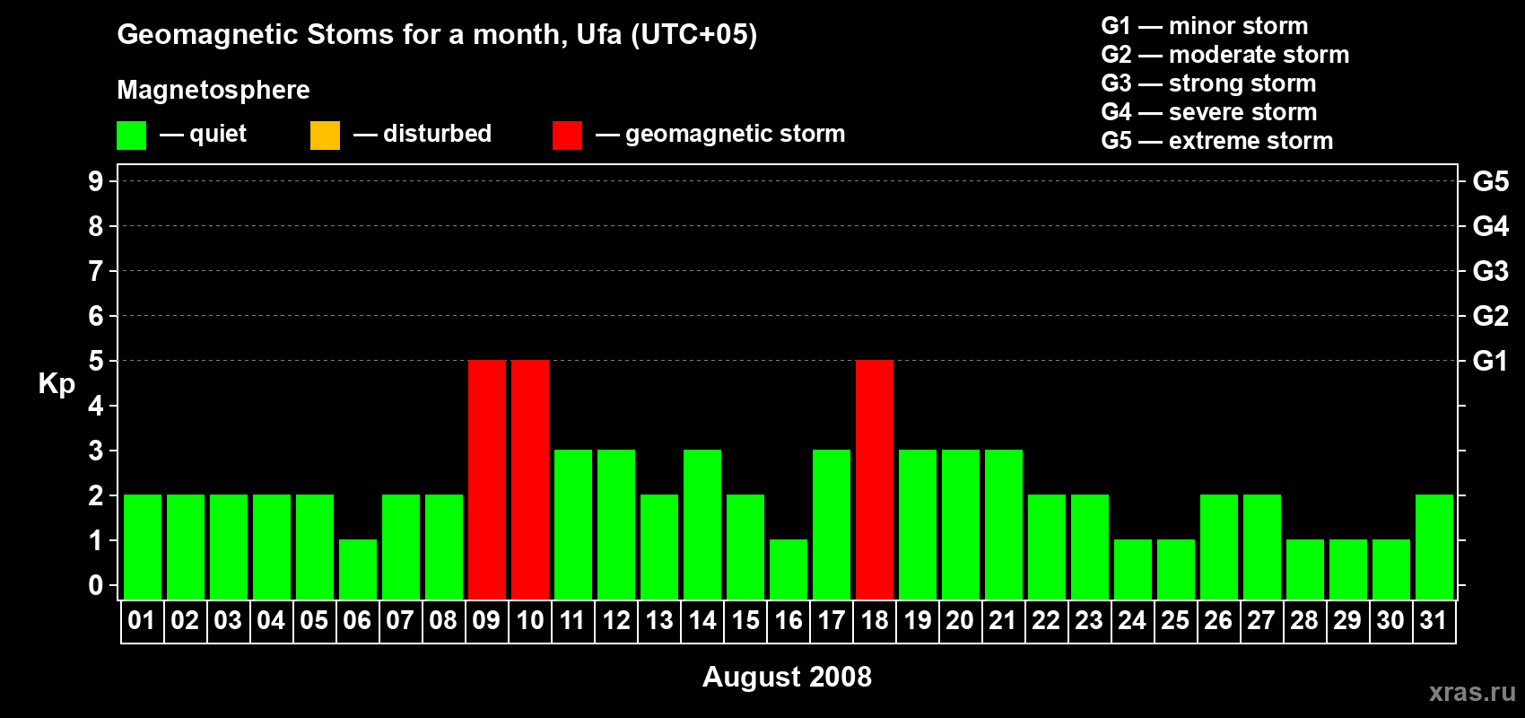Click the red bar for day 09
[487, 479]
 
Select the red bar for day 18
[875, 479]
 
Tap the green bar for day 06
[358, 570]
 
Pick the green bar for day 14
[702, 524]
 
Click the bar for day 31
[1434, 547]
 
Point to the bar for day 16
[789, 570]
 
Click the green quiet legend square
[131, 135]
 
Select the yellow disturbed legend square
[325, 135]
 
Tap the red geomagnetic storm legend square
[567, 135]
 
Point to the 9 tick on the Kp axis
[96, 181]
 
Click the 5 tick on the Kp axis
[96, 361]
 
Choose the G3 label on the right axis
[1490, 271]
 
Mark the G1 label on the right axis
[1490, 361]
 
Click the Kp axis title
[57, 383]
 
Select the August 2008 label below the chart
[787, 677]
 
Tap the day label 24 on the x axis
[1132, 620]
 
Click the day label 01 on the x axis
[142, 620]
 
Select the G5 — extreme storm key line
[1216, 141]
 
